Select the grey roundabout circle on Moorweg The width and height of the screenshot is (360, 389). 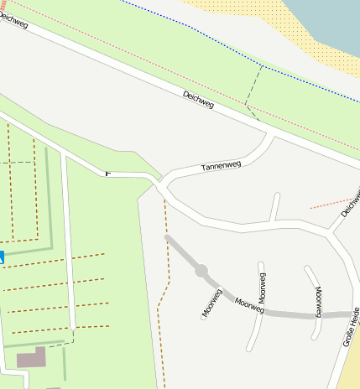click(x=201, y=271)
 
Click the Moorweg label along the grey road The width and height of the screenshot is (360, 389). click(x=249, y=306)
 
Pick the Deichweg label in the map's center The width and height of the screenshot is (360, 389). click(x=198, y=100)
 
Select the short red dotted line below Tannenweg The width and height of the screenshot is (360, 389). click(x=331, y=202)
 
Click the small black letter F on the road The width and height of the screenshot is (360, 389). click(x=107, y=174)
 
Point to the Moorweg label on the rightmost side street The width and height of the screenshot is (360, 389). click(x=319, y=300)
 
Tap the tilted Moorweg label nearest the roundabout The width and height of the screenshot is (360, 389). click(x=211, y=303)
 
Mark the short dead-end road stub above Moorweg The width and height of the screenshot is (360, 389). click(x=275, y=206)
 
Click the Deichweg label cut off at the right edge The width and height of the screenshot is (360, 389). click(x=351, y=205)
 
